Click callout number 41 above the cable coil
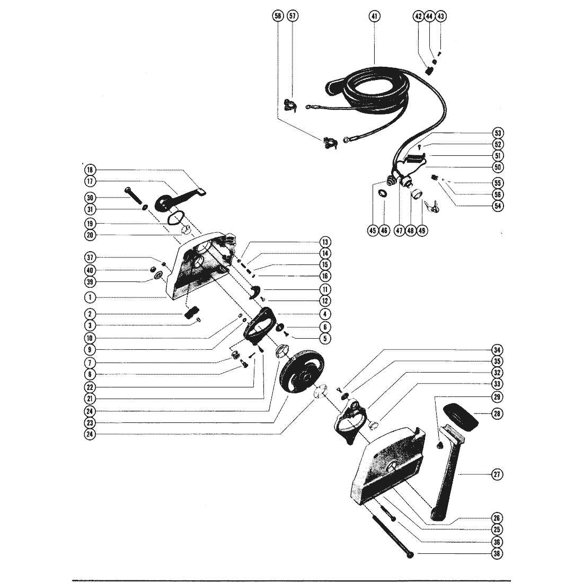375,16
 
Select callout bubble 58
277,16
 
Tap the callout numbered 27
497,475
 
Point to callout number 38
497,553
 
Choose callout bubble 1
91,297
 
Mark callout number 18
91,170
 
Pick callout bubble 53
497,132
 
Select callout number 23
91,422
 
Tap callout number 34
497,350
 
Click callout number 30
91,197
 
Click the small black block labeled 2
192,311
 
